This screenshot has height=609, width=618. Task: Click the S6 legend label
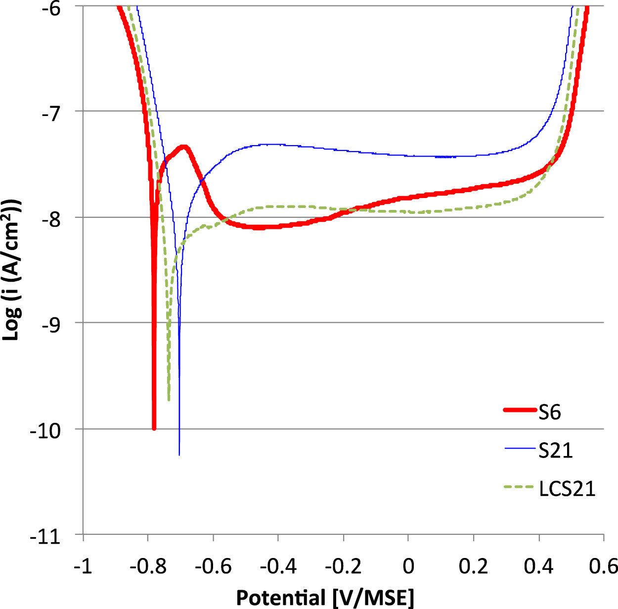(550, 411)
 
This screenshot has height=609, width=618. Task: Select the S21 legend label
(556, 450)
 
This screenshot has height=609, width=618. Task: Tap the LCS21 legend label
(567, 489)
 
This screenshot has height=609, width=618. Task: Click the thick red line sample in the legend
(520, 410)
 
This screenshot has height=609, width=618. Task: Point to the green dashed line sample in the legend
(520, 488)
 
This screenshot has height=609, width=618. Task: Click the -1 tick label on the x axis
(83, 566)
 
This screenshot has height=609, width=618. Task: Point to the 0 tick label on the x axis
(408, 566)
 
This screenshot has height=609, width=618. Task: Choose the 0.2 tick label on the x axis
(473, 566)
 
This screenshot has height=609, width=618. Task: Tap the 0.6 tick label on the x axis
(602, 566)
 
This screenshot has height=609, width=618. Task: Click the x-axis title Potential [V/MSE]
(325, 598)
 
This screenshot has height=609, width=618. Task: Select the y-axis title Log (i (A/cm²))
(13, 270)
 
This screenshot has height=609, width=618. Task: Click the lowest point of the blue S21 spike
(179, 454)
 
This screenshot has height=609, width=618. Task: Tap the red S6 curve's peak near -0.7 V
(185, 147)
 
